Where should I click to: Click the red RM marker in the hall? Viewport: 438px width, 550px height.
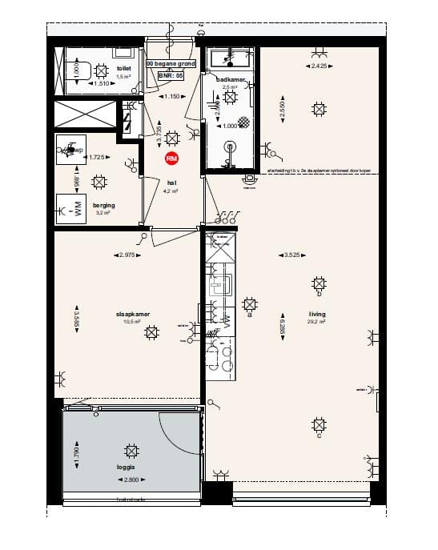coord(171,159)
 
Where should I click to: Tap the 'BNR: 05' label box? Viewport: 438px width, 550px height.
coord(171,75)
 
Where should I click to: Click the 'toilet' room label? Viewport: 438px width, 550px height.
coord(123,70)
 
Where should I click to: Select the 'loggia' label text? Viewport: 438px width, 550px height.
coord(125,465)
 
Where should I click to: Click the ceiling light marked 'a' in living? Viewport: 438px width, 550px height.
coord(249,305)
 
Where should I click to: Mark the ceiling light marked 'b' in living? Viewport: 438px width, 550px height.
coord(319,283)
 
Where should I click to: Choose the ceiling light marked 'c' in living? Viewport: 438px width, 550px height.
coord(319,425)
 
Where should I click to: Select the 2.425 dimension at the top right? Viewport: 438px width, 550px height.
coord(318,66)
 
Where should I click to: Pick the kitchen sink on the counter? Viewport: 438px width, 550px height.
coord(219,283)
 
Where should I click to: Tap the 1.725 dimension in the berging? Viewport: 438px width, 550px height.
coord(98,157)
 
